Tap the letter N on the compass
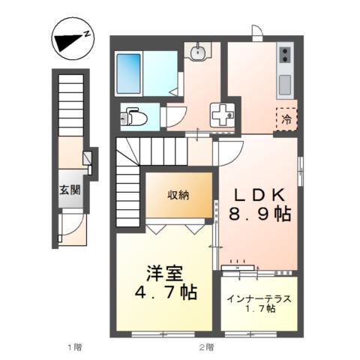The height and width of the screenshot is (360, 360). click(x=88, y=33)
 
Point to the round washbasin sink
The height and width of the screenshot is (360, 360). click(x=199, y=52)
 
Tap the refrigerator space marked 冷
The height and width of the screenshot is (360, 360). click(x=286, y=118)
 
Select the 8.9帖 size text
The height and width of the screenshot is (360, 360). click(x=259, y=214)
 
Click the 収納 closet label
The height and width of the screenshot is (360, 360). click(x=178, y=194)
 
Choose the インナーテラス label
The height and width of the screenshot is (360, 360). click(x=259, y=298)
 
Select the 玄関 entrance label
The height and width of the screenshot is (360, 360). click(x=72, y=190)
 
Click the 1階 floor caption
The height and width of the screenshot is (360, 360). click(x=73, y=346)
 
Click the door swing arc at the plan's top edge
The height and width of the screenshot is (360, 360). click(x=257, y=32)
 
